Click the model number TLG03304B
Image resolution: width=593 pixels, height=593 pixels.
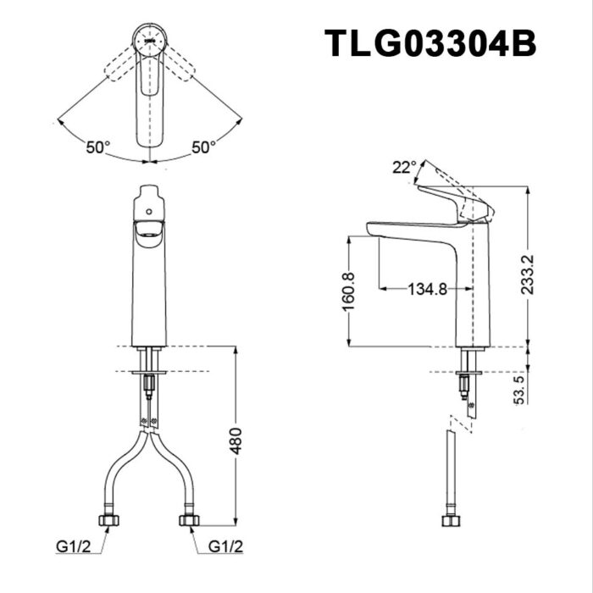click(x=431, y=43)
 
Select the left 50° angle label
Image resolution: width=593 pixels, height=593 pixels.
click(x=98, y=147)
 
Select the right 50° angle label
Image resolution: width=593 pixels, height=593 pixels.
click(x=203, y=147)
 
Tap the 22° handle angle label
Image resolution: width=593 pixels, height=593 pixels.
click(x=404, y=167)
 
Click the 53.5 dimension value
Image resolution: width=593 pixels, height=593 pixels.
click(x=519, y=391)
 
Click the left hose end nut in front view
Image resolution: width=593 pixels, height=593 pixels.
click(x=109, y=519)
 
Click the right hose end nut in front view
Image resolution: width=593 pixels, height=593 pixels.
click(x=188, y=519)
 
